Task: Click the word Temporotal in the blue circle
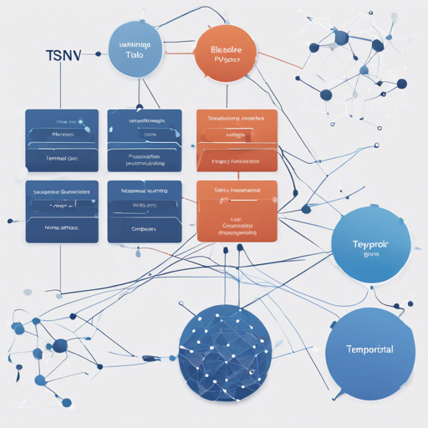(369, 349)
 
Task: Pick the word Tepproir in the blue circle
(369, 243)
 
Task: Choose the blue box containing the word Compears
(144, 211)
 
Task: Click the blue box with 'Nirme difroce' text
(62, 211)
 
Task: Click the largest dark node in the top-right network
(340, 38)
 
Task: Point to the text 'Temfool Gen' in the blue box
(62, 156)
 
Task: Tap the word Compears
(144, 227)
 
